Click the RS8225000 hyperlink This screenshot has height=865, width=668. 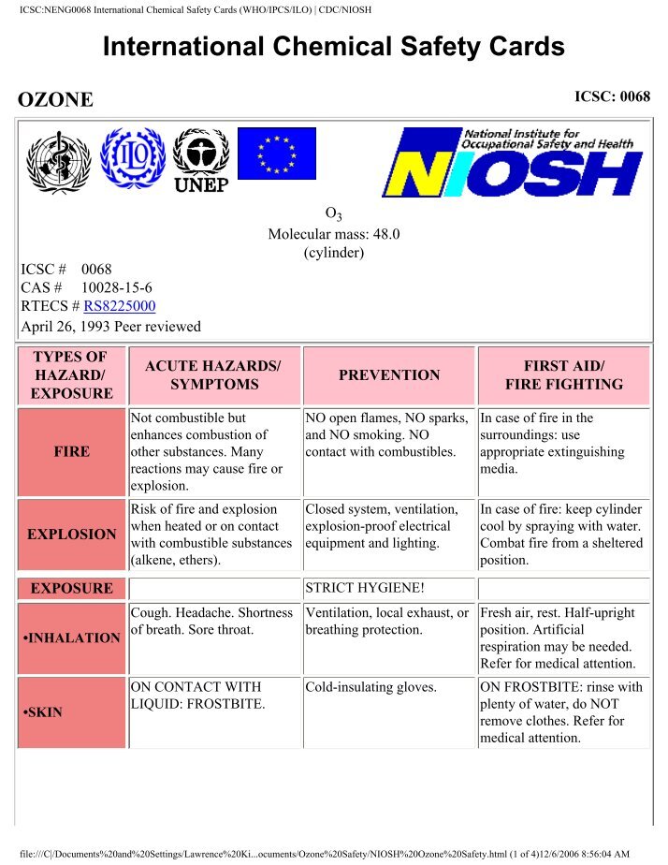(x=120, y=305)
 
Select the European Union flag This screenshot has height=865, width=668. (x=276, y=154)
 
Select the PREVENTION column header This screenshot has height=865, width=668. (x=389, y=375)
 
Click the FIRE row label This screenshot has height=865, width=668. (x=72, y=451)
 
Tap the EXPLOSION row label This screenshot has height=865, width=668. (x=72, y=535)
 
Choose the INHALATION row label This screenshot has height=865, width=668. (x=72, y=638)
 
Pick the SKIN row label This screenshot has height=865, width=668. (x=45, y=712)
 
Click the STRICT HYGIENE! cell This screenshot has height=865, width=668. (x=356, y=589)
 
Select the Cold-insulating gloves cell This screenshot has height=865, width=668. (x=371, y=687)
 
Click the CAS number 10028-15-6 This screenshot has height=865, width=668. (x=117, y=287)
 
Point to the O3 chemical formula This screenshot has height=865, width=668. (x=334, y=215)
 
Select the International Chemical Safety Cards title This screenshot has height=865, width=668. (x=334, y=47)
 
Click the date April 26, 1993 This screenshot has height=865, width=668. (x=67, y=327)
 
